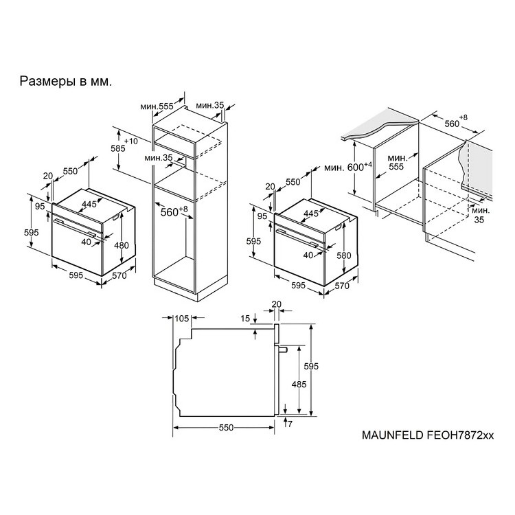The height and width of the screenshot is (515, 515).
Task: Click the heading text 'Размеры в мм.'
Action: pos(66,81)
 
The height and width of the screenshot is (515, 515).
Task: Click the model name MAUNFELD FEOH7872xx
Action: pos(428,435)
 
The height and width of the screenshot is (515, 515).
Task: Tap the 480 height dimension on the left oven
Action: pos(122,245)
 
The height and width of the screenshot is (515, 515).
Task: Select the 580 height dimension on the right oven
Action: pos(344,255)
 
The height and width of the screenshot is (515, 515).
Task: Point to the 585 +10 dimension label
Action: pos(124,145)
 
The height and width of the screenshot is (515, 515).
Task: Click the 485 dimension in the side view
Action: pos(299,384)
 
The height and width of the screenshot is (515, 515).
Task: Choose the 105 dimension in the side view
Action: pos(182,318)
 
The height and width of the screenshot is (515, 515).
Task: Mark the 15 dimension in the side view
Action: pos(245,318)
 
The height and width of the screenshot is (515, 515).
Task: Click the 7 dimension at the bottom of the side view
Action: pos(290,424)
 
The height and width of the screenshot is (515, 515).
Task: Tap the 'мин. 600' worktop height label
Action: pos(348,167)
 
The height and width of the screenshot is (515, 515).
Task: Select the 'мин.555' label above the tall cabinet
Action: pos(157,106)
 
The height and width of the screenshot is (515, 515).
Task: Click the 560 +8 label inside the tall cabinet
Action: pos(174,211)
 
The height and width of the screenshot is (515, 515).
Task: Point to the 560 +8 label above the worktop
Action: pos(455,122)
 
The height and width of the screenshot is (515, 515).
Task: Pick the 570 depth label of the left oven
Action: pos(119,275)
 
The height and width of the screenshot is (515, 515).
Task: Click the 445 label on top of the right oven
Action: pos(310,213)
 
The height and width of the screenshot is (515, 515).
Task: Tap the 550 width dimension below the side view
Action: pos(226,427)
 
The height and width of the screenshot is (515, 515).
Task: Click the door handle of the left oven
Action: pos(75,228)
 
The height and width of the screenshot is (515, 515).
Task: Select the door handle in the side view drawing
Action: pos(283,349)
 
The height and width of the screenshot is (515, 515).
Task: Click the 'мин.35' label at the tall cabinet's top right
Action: pos(210,106)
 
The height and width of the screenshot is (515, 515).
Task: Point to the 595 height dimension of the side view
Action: pos(311,365)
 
